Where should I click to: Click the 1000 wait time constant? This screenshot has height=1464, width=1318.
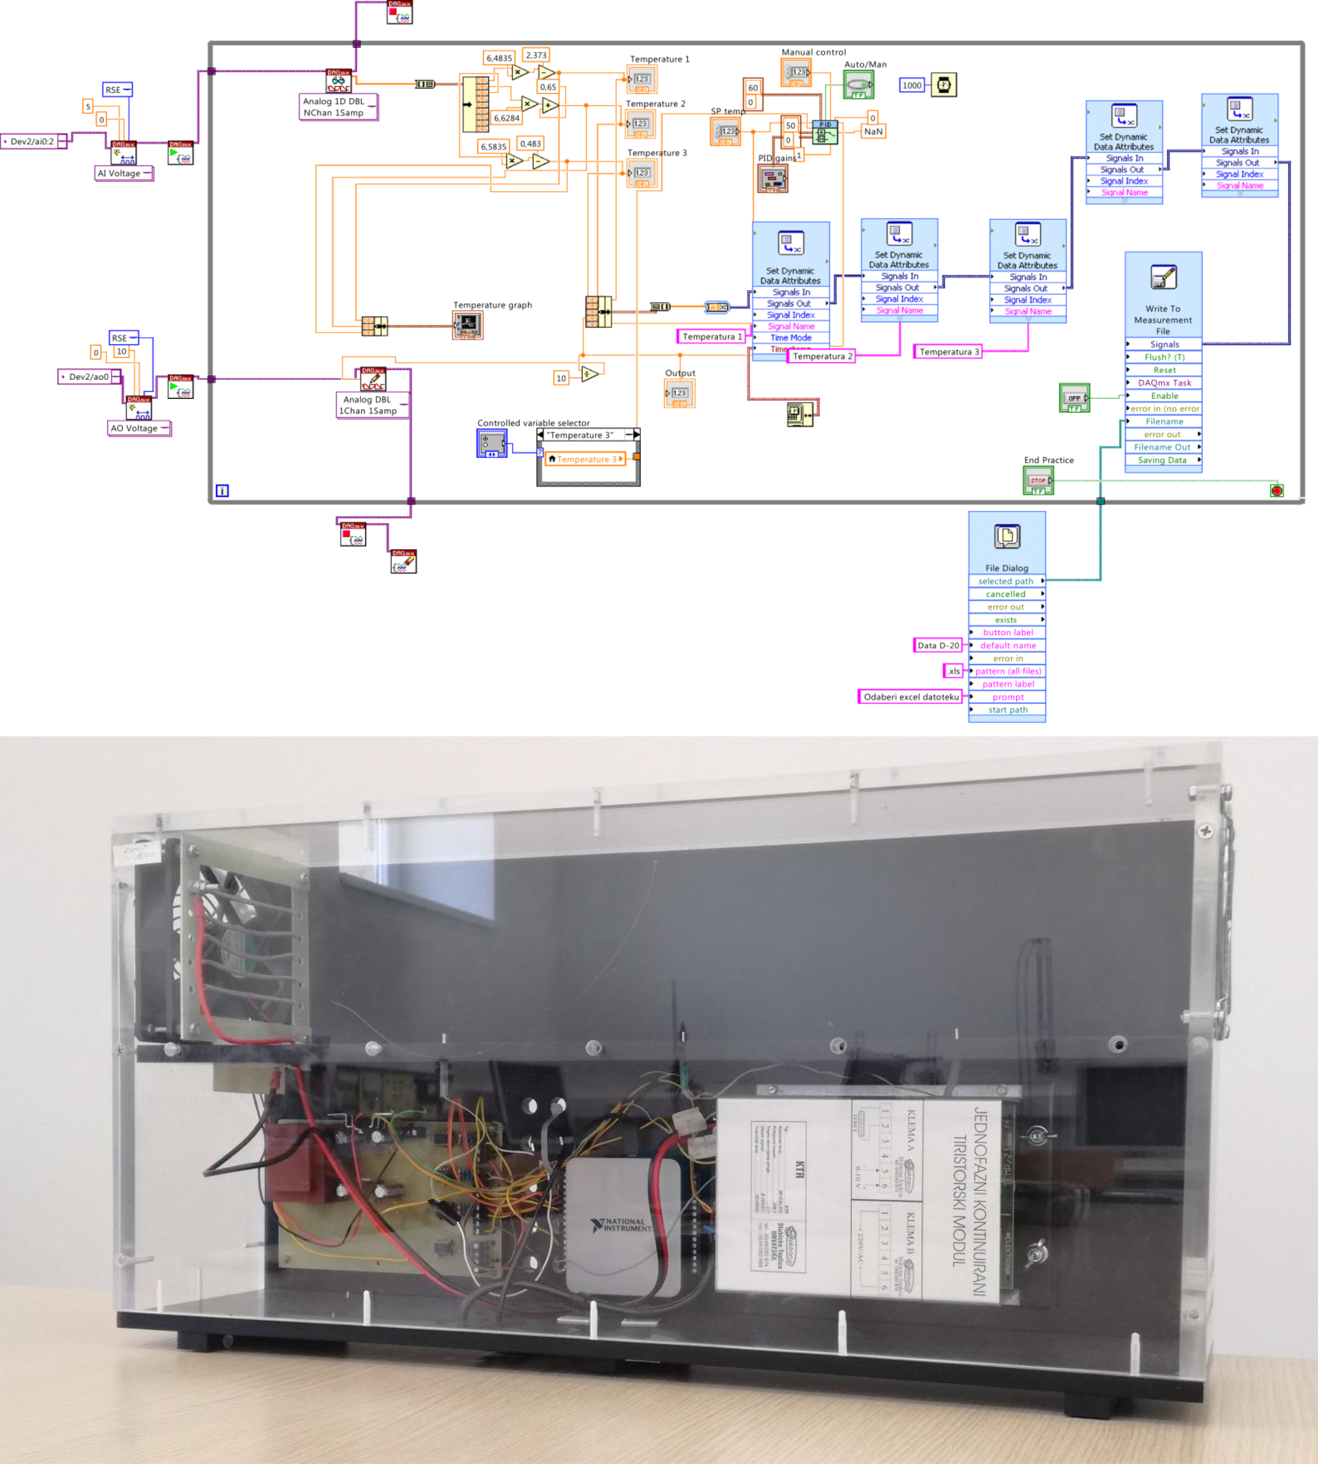pyautogui.click(x=912, y=85)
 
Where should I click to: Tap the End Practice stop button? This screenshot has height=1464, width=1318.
pyautogui.click(x=1038, y=480)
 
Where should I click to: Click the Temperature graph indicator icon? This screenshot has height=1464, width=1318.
pyautogui.click(x=468, y=325)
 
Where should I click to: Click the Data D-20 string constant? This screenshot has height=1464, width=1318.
pyautogui.click(x=938, y=645)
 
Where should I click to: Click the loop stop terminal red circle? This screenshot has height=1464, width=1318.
pyautogui.click(x=1277, y=491)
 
